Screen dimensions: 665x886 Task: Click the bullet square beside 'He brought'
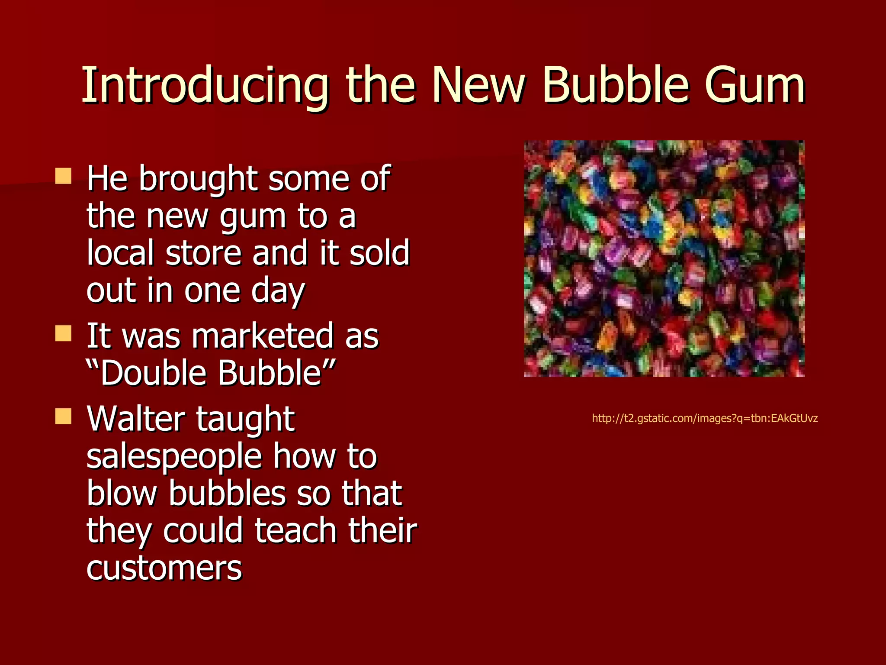click(63, 176)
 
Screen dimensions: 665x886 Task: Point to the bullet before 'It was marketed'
click(63, 333)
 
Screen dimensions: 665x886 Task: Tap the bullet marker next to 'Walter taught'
click(63, 416)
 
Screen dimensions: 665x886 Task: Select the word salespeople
click(174, 457)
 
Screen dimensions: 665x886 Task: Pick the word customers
click(164, 568)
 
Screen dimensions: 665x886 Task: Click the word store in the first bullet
click(203, 253)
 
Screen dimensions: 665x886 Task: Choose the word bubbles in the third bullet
click(228, 494)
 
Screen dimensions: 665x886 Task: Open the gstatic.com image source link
click(704, 418)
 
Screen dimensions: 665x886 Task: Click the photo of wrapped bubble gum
click(664, 258)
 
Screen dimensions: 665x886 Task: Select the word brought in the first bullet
click(198, 178)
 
